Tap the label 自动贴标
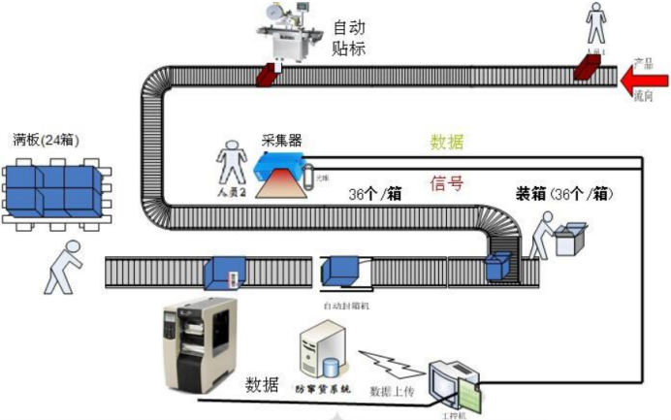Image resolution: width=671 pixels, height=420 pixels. click(349, 38)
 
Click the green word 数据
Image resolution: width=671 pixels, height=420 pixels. click(447, 142)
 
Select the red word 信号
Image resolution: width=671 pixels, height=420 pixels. click(447, 181)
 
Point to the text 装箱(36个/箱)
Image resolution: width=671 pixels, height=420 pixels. click(563, 193)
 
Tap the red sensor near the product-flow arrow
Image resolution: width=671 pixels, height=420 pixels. click(590, 68)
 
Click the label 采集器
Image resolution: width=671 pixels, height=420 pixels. click(281, 141)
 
